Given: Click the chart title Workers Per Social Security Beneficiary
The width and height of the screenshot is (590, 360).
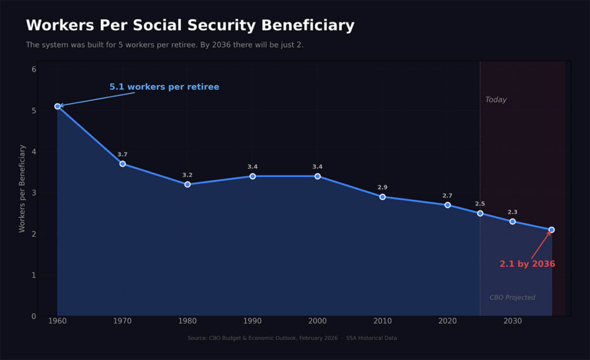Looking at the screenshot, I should [190, 26].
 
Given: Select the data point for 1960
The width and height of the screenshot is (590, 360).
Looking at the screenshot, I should [58, 107].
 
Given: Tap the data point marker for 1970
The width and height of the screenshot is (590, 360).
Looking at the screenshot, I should [123, 164].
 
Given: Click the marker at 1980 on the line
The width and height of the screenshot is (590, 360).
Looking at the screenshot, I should [187, 184].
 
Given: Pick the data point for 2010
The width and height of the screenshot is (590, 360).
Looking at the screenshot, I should [383, 197].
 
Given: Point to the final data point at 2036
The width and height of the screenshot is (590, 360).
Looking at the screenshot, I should [551, 230].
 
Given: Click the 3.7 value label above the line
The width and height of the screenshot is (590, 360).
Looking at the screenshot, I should [123, 154].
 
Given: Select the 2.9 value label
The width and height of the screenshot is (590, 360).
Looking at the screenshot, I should [383, 187].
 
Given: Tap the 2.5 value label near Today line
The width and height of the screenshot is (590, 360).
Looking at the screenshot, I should [480, 204].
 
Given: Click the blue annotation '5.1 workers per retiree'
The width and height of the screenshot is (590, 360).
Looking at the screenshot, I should [164, 87].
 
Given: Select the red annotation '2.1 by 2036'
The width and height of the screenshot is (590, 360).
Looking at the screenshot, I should [527, 264].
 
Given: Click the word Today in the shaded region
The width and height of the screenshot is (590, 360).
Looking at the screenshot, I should [496, 100].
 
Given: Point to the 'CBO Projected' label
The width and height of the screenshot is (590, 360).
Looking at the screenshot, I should [512, 298].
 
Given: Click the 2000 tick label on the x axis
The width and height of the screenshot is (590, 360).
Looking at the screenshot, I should [317, 321].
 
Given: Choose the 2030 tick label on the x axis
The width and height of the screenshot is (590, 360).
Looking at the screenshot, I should [512, 321].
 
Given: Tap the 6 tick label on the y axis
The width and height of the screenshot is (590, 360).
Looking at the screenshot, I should [34, 69].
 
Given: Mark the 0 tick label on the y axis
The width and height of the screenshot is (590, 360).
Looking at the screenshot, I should [34, 316].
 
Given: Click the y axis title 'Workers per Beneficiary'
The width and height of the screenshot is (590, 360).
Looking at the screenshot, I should [22, 188].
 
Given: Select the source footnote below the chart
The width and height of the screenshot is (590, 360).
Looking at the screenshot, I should [292, 338].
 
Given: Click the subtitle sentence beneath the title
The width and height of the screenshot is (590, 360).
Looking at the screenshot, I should [165, 45].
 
